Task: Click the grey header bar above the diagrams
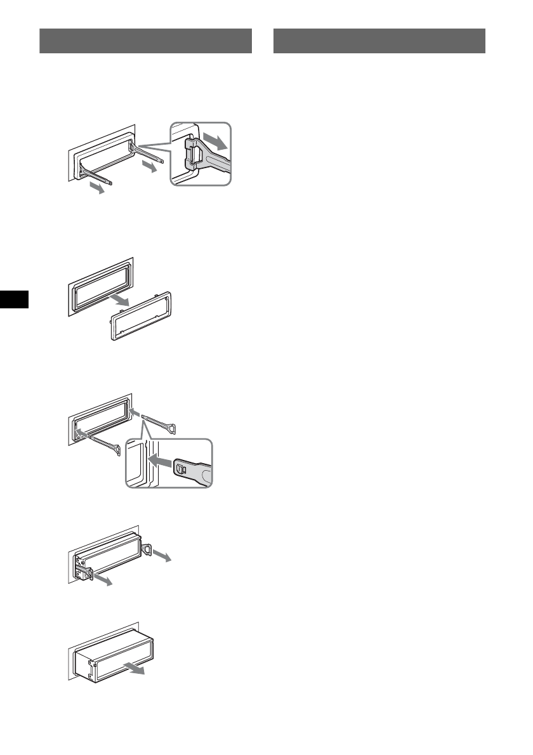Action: click(x=145, y=41)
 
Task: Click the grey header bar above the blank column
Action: click(x=379, y=41)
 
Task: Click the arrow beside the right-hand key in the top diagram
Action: click(x=150, y=167)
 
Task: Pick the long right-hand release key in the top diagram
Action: click(x=150, y=152)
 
